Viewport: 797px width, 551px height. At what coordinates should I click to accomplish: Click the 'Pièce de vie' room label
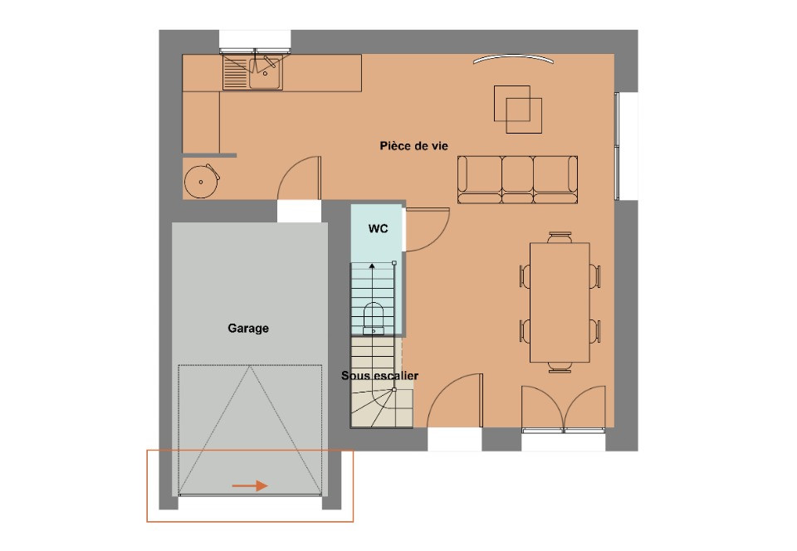(413, 146)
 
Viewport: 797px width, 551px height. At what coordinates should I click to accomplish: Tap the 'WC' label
(379, 228)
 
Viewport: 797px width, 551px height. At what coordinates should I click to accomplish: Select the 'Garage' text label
(248, 329)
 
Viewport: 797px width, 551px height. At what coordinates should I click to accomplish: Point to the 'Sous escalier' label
(379, 376)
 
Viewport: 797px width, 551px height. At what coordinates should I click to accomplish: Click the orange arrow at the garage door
(250, 485)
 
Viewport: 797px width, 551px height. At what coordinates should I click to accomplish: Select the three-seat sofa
(517, 178)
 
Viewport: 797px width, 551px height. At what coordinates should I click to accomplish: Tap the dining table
(559, 302)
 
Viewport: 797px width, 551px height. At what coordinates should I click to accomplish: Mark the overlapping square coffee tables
(518, 109)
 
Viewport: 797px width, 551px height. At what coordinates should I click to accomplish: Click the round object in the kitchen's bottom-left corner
(202, 179)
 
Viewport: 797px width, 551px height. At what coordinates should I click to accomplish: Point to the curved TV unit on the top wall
(511, 60)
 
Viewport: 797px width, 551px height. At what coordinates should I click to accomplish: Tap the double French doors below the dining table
(564, 408)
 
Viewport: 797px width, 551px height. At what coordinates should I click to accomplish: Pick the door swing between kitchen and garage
(300, 178)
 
